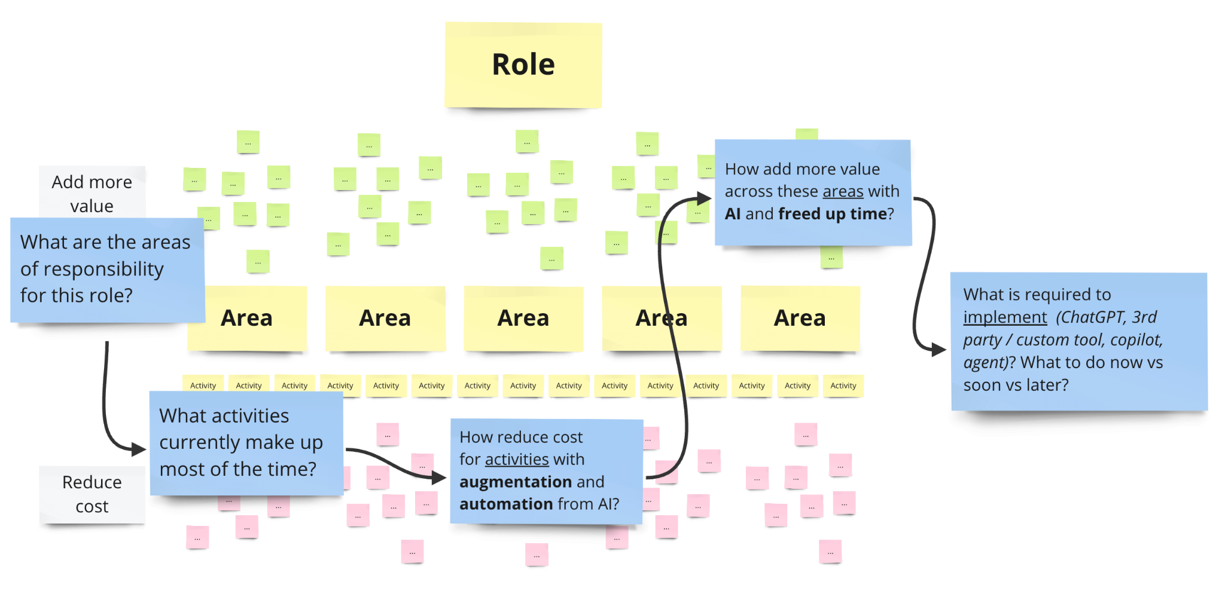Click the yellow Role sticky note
pyautogui.click(x=523, y=65)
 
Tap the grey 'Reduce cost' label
pyautogui.click(x=92, y=494)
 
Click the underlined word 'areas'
pyautogui.click(x=843, y=191)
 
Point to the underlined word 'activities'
pyautogui.click(x=517, y=459)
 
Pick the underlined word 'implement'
pyautogui.click(x=1005, y=317)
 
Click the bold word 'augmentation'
pyautogui.click(x=515, y=482)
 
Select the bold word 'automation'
pyautogui.click(x=505, y=504)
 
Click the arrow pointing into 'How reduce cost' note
pyautogui.click(x=395, y=463)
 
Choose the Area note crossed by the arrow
pyautogui.click(x=662, y=318)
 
